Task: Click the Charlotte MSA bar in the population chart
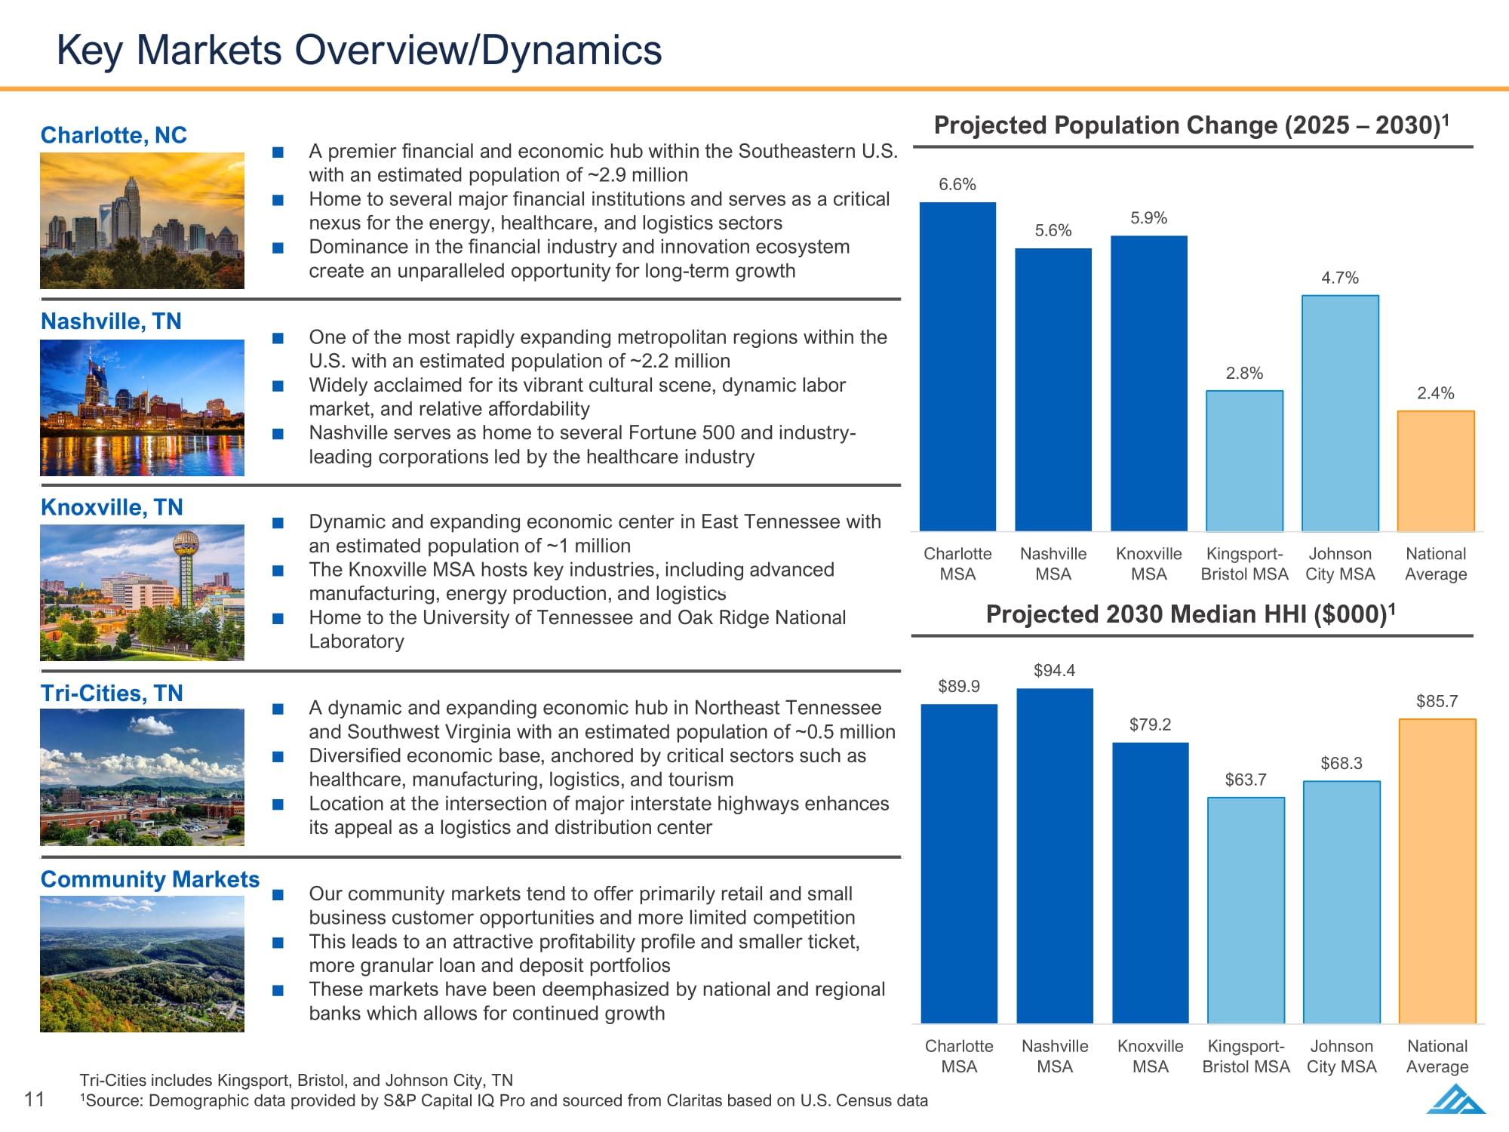957,367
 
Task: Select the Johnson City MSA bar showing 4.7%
1340,414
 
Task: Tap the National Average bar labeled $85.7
1437,872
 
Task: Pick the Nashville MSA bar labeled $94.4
1055,856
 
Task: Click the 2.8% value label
1244,373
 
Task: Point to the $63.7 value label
1246,780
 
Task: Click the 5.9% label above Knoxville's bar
1148,218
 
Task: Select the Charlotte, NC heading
114,135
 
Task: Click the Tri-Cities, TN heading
112,693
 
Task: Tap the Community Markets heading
150,879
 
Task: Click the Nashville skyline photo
142,408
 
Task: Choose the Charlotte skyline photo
142,220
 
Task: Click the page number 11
35,1099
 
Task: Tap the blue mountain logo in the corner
1456,1099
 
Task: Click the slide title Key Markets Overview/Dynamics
359,50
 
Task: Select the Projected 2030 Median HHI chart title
1191,614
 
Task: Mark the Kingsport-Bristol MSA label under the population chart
1244,564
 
